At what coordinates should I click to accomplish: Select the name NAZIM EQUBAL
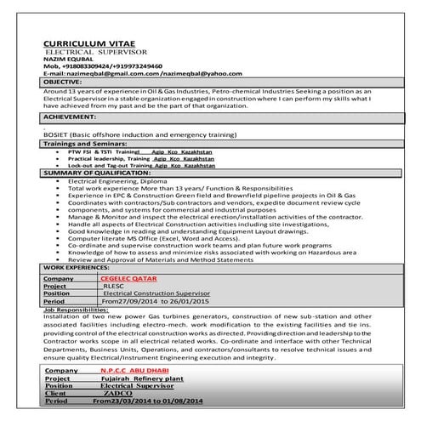point(64,59)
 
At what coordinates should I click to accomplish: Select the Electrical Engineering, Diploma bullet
point(118,180)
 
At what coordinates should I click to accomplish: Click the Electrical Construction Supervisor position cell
point(162,293)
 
